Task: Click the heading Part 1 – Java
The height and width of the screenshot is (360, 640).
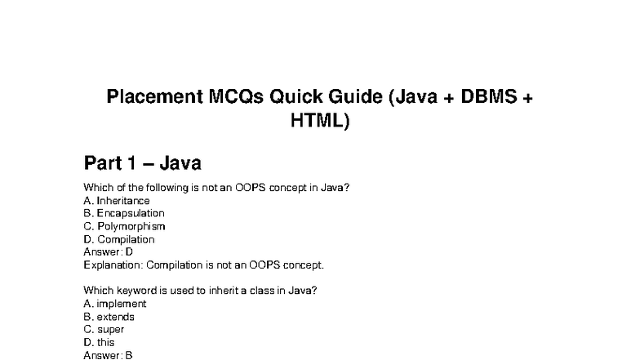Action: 142,162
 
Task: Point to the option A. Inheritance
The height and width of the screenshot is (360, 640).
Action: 117,200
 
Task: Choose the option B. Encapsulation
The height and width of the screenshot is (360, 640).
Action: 124,213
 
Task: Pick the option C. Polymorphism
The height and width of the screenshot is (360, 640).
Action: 124,226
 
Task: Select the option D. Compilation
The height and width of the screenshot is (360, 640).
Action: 119,239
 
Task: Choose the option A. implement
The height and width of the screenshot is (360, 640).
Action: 115,304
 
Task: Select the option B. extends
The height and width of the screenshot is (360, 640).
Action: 109,317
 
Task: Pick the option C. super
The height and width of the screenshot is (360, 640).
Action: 104,330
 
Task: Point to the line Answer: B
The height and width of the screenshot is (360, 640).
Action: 108,356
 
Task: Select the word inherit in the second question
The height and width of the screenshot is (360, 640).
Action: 222,291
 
